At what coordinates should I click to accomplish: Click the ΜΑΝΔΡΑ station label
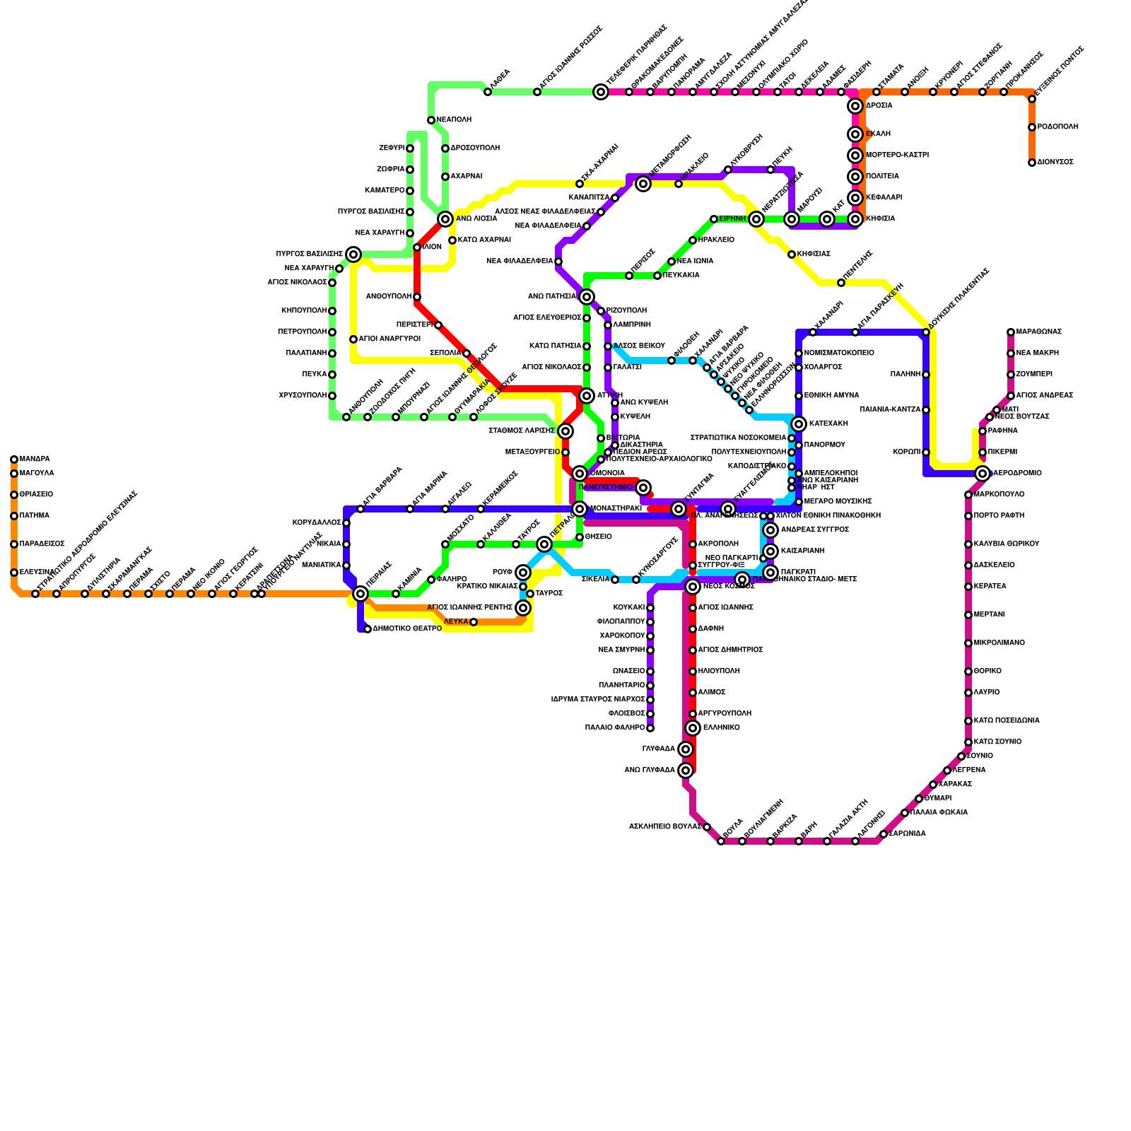pos(35,459)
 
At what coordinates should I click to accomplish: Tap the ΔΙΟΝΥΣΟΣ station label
pos(1055,163)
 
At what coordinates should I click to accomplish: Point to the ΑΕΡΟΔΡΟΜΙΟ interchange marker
pos(982,474)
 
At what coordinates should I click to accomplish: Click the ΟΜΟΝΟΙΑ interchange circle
pos(579,474)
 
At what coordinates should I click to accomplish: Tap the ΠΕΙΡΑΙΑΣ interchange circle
pos(360,594)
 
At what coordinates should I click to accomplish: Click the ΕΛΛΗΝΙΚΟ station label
pos(721,728)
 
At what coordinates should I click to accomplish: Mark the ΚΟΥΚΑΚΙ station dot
pos(650,608)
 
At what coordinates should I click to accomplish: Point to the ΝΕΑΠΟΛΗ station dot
pos(430,120)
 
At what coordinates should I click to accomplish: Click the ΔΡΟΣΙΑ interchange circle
pos(855,106)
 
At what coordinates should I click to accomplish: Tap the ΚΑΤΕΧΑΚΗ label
pos(828,424)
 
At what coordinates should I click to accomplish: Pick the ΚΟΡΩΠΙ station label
pos(906,452)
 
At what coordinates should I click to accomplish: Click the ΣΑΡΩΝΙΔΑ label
pos(907,834)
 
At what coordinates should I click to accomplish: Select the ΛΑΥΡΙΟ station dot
pos(968,693)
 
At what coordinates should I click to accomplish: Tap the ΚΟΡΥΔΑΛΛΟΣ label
pos(317,523)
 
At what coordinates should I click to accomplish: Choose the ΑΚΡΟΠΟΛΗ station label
pos(717,544)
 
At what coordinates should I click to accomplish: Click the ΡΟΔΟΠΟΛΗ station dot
pos(1031,127)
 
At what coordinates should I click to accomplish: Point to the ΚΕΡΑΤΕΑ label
pos(990,587)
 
